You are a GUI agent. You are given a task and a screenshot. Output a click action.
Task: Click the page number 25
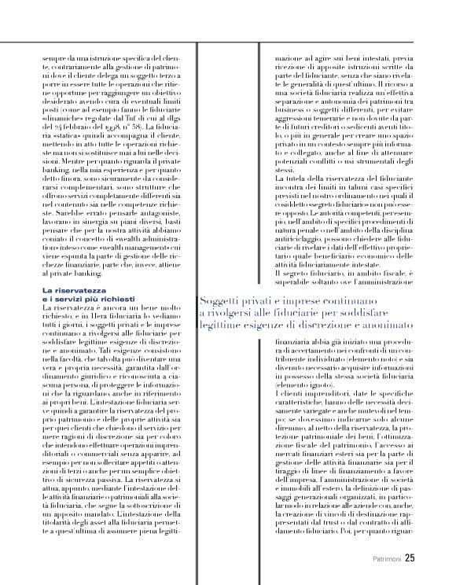pos(409,558)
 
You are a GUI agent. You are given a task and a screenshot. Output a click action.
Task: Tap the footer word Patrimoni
pos(385,559)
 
